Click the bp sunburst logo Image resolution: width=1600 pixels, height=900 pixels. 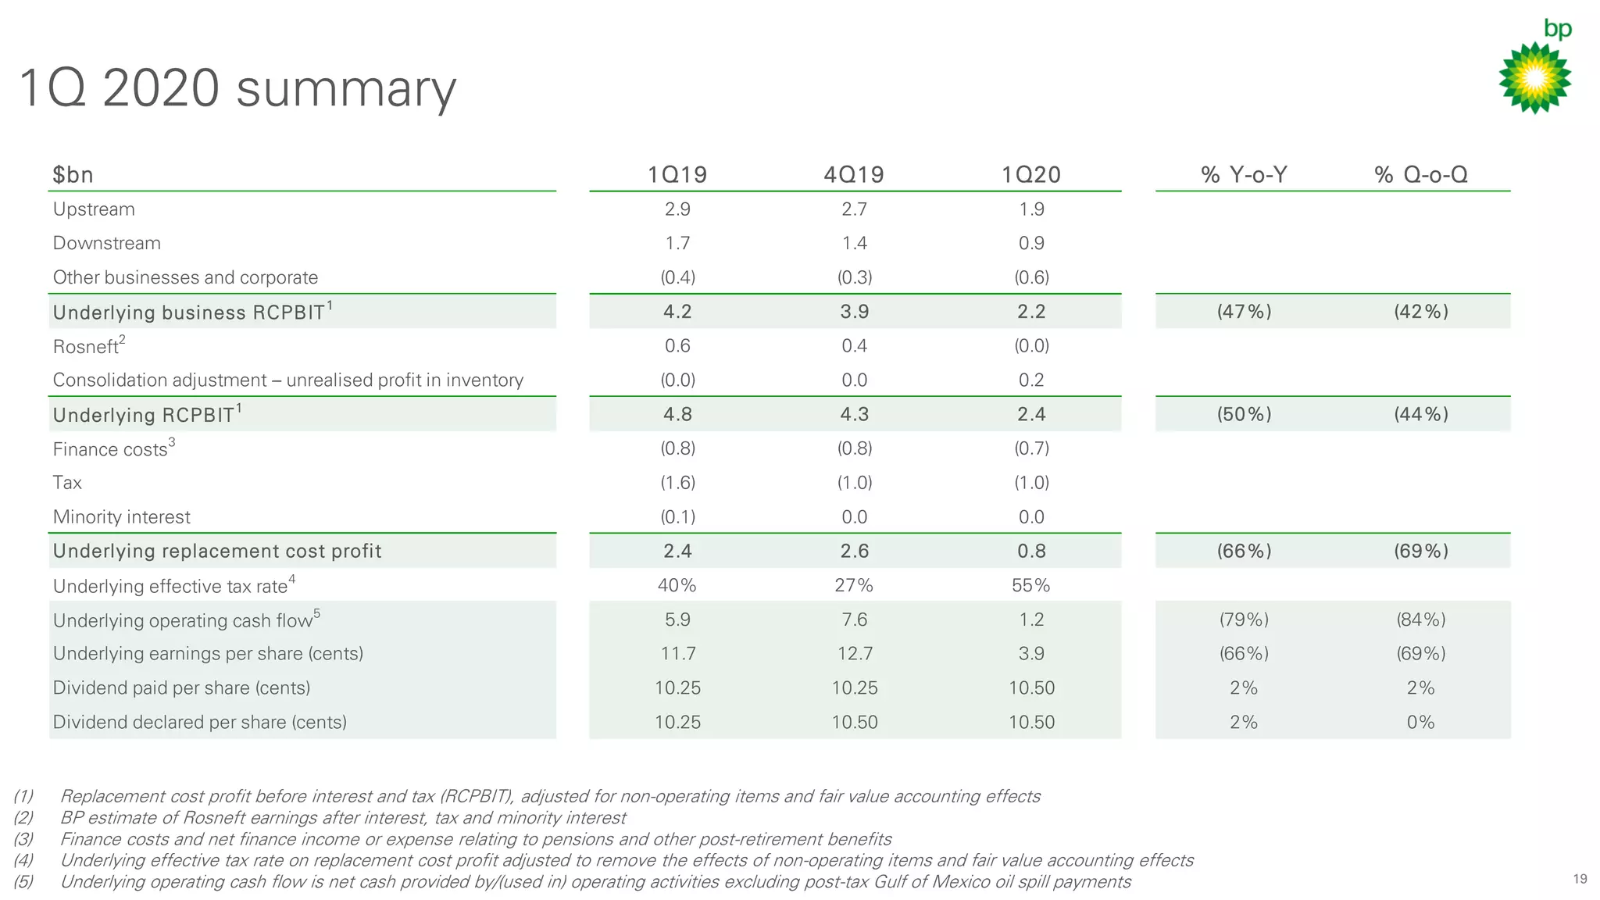(x=1534, y=77)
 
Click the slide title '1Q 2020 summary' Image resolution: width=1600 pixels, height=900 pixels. (x=237, y=88)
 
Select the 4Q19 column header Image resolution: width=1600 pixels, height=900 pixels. (x=854, y=174)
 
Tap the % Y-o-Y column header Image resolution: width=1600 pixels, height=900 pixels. (x=1244, y=174)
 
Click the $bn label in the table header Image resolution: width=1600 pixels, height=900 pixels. (x=73, y=174)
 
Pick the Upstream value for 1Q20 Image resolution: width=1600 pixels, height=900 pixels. (x=1031, y=209)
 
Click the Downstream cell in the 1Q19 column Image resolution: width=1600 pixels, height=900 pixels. (x=677, y=243)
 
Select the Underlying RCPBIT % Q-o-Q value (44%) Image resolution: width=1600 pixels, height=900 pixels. (x=1421, y=414)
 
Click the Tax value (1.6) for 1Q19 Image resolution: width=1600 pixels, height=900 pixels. (x=677, y=483)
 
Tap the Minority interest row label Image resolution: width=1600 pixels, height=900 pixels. (x=121, y=517)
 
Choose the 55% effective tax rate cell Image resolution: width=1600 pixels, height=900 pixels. (x=1031, y=585)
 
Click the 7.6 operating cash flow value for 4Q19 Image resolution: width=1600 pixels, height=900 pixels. (x=854, y=620)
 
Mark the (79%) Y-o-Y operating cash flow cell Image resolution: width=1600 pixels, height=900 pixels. (x=1244, y=620)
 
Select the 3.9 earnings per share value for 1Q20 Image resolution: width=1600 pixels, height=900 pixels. (x=1031, y=654)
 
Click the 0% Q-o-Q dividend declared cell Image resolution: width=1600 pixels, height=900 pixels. (x=1420, y=723)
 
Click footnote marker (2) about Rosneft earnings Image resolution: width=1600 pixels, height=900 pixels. (x=23, y=818)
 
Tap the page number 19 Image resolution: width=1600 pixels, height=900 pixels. (x=1580, y=879)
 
